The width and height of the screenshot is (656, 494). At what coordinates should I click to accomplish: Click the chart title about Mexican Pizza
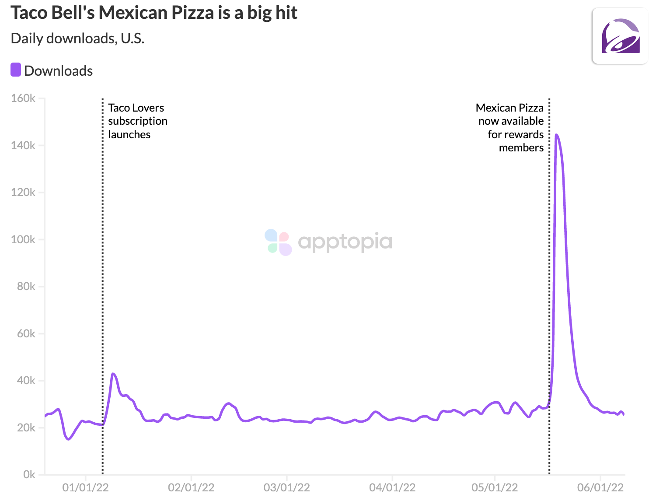coord(154,13)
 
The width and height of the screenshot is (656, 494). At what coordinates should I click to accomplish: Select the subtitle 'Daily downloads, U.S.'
coord(77,39)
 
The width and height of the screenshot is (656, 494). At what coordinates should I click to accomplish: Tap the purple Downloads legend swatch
coord(16,70)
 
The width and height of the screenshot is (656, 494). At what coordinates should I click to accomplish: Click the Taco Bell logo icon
coord(620,36)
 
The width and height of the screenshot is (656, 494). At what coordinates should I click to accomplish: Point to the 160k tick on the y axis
coord(23,98)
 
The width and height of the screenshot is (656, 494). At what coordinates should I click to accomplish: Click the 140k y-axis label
coord(23,146)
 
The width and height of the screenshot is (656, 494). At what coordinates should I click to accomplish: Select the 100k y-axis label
coord(23,240)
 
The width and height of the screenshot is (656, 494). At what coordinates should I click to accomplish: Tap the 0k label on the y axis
coord(29,475)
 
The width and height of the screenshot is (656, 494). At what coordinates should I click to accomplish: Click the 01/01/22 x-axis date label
coord(85,487)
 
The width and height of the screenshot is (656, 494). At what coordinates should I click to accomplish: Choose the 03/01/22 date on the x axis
coord(286,487)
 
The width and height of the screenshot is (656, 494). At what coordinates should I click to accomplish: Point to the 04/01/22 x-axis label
coord(392,487)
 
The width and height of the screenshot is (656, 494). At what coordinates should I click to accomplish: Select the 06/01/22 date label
coord(600,487)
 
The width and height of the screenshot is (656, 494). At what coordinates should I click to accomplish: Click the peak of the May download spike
coord(556,135)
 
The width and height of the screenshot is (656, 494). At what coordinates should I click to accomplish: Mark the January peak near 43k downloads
coord(113,374)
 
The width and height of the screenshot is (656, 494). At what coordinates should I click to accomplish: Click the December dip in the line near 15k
coord(69,439)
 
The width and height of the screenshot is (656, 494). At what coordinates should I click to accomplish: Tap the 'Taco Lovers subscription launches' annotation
coord(137,121)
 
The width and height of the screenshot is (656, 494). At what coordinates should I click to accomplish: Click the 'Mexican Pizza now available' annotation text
coord(510,128)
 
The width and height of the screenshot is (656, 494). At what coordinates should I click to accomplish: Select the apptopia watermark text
coord(345,242)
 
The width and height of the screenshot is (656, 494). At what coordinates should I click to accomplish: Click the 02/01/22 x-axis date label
coord(191,487)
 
